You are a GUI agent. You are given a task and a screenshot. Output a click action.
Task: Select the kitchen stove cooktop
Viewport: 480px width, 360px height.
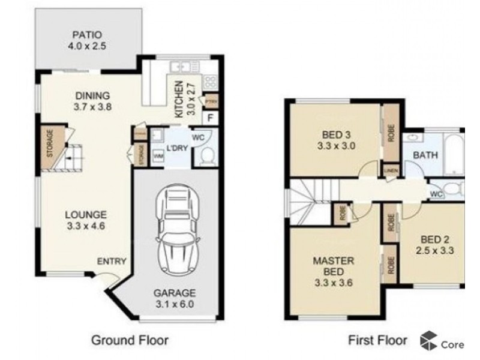click(210, 81)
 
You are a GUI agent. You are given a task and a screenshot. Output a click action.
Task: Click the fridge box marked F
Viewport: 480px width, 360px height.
click(210, 117)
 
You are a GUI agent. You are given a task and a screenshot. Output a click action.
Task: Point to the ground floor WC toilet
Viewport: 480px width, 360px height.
click(206, 157)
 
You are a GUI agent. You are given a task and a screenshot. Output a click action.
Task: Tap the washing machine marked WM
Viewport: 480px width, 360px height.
click(159, 156)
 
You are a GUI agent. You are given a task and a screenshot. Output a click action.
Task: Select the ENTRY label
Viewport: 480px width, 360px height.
click(112, 261)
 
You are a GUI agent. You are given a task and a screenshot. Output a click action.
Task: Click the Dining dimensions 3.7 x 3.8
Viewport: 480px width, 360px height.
click(92, 107)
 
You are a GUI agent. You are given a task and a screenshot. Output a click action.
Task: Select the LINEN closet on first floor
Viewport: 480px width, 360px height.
click(389, 170)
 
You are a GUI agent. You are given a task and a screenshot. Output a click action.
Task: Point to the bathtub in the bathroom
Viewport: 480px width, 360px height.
click(453, 155)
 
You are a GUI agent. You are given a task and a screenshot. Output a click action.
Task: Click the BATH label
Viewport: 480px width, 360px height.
click(425, 155)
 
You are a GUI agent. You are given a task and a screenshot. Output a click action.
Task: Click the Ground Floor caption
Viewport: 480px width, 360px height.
click(130, 340)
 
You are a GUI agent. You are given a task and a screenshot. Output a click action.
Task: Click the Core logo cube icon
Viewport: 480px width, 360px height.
click(428, 340)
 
